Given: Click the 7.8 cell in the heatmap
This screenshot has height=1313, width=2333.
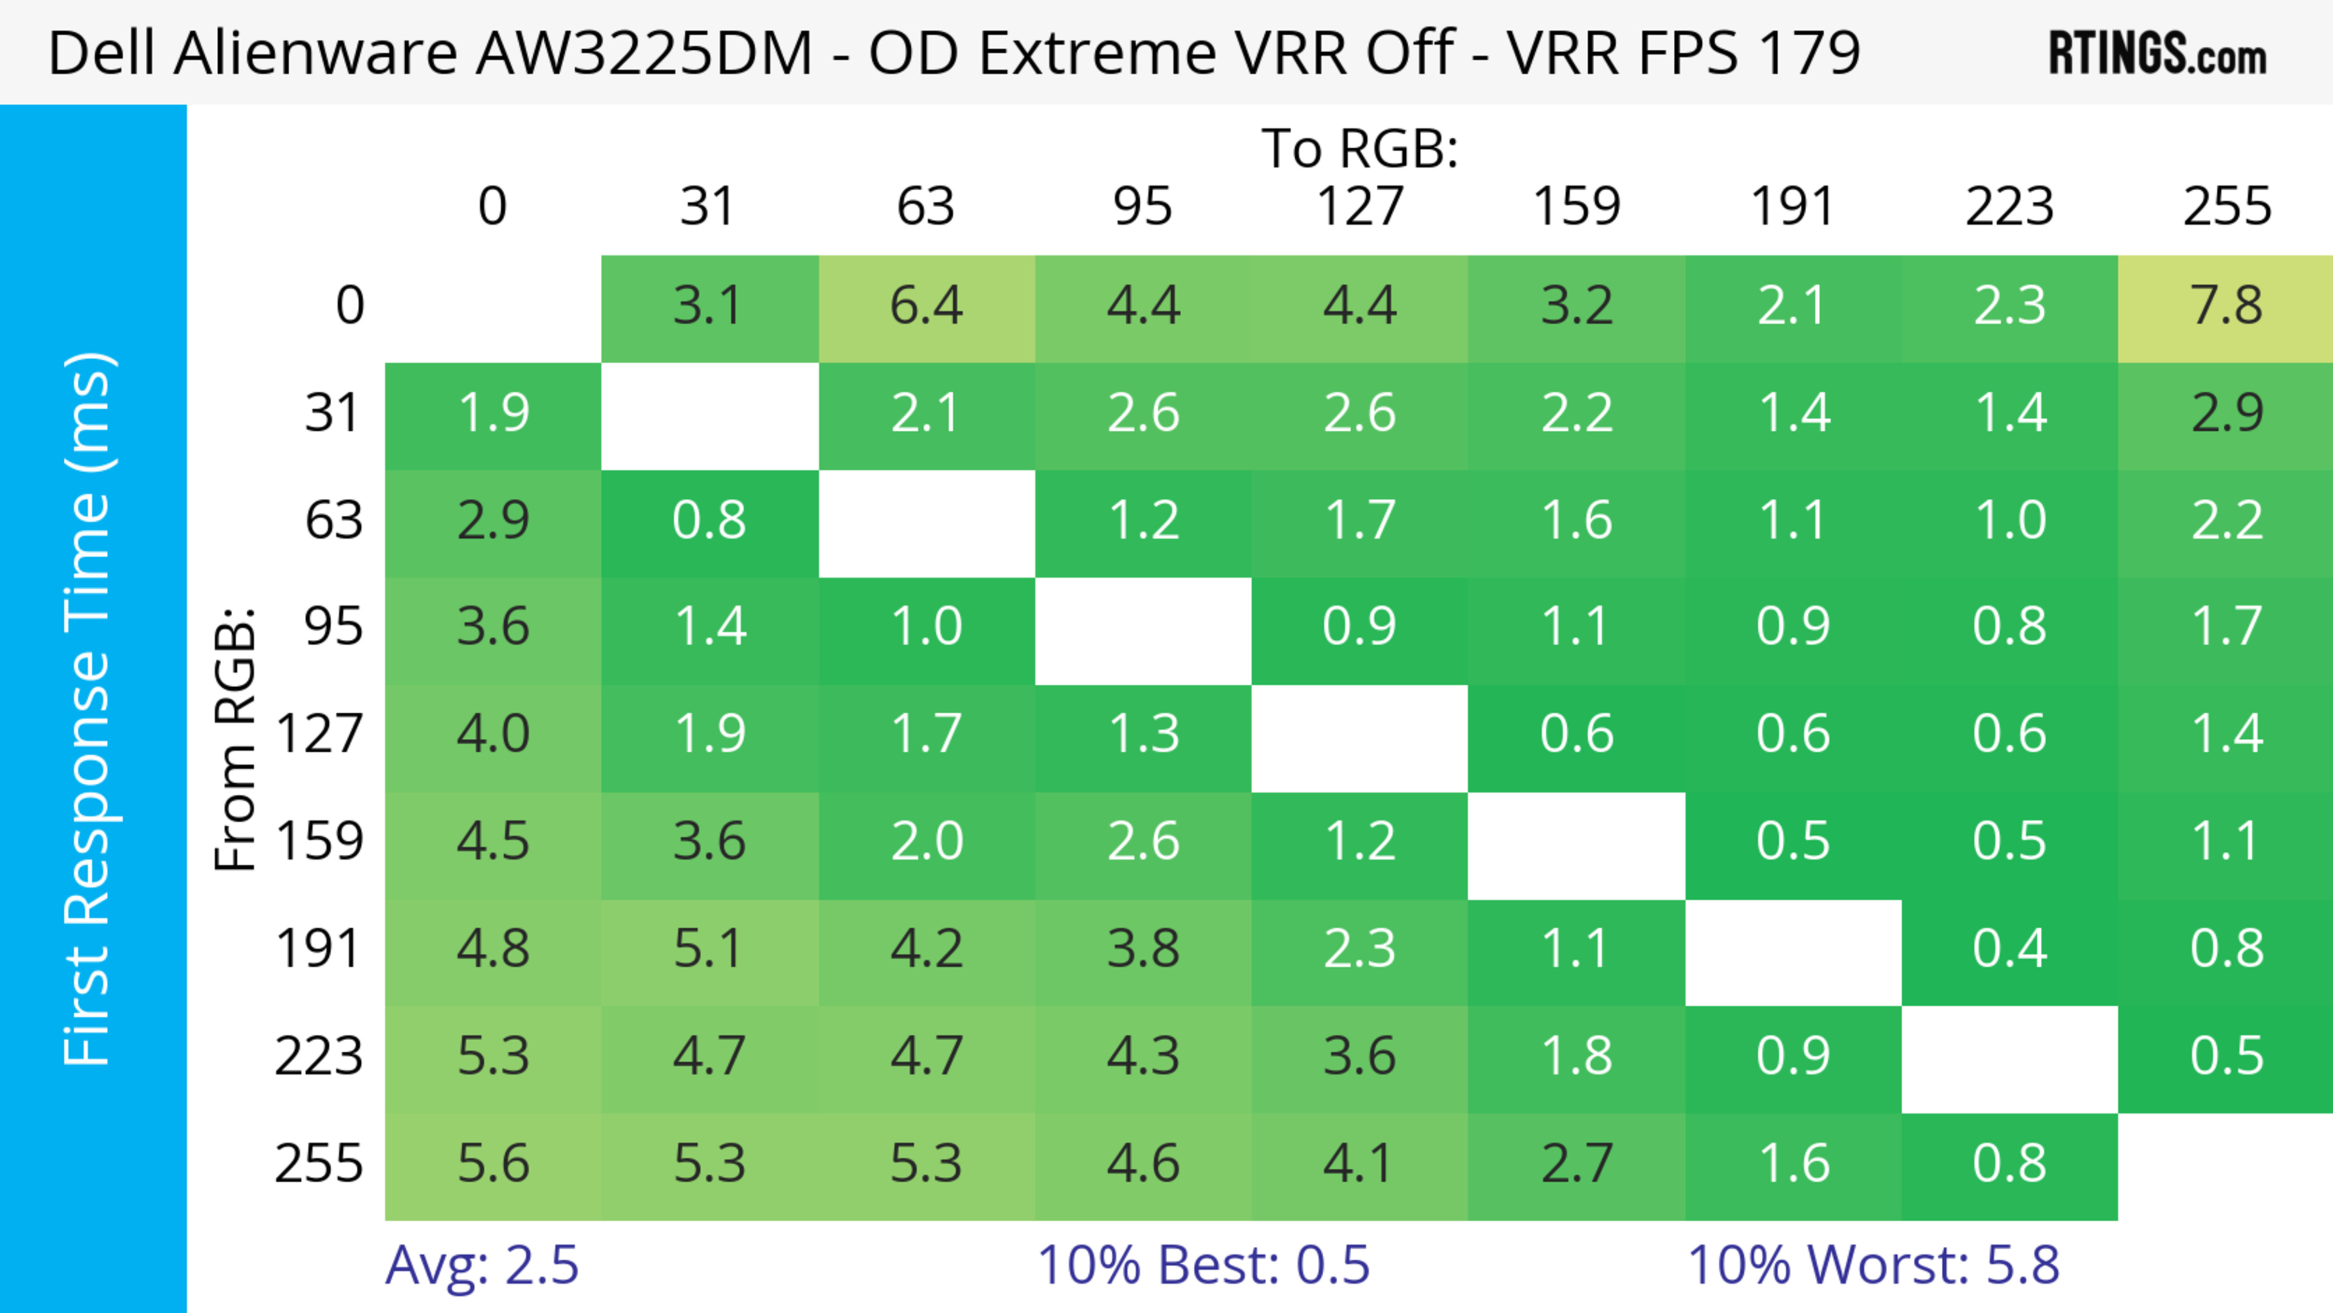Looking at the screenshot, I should coord(2225,306).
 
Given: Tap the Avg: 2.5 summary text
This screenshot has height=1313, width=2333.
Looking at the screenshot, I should coord(481,1265).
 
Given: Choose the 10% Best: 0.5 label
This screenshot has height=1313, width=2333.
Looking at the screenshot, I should coord(1203,1265).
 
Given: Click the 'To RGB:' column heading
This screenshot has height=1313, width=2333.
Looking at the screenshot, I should coord(1360,148).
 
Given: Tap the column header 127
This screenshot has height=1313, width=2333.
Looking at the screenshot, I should coord(1360,207).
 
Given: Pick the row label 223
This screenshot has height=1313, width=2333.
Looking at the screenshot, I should coord(319,1056).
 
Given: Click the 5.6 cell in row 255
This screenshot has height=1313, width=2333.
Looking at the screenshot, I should coord(493,1164).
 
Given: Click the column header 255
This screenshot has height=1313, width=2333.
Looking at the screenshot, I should coord(2226,207).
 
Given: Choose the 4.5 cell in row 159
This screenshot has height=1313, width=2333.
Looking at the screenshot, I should coord(493,842).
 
